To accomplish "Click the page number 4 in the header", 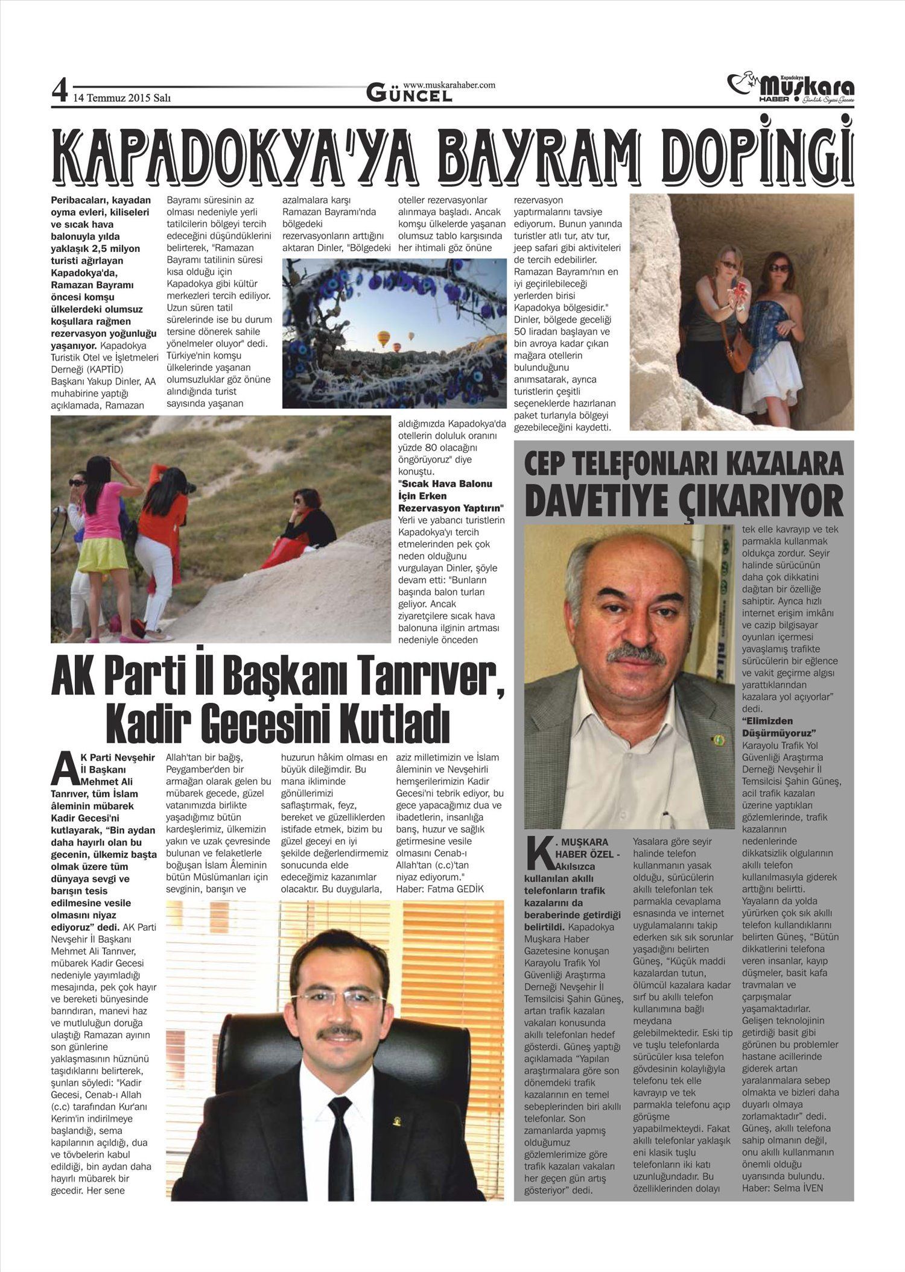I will (x=59, y=91).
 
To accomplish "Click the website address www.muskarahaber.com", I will (x=449, y=85).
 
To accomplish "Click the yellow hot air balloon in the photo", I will (x=383, y=339).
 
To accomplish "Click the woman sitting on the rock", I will (x=302, y=531).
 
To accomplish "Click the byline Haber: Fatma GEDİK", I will (x=440, y=889).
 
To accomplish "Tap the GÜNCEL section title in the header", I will (x=410, y=94).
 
